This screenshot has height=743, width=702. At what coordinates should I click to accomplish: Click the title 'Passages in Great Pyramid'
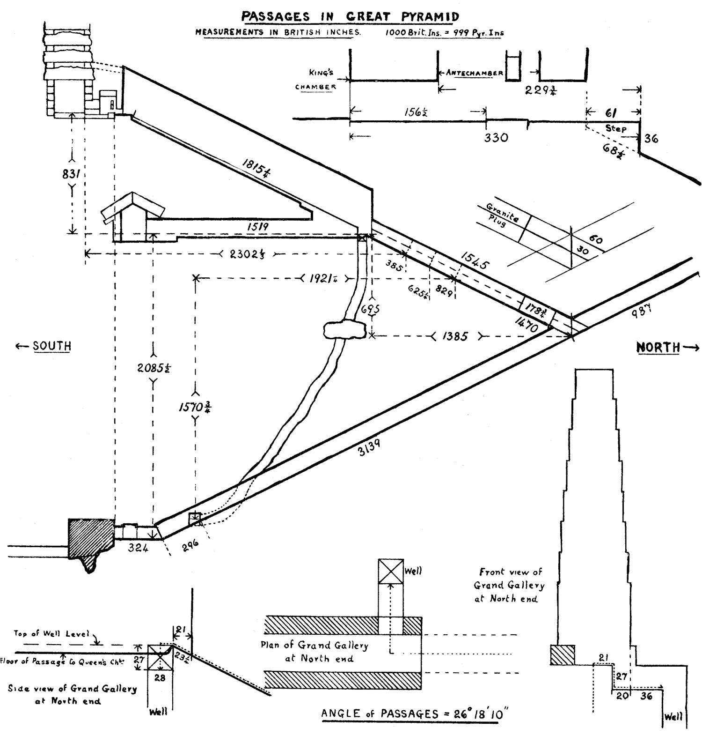tap(350, 16)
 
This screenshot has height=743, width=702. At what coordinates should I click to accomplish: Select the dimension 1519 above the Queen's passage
tap(258, 227)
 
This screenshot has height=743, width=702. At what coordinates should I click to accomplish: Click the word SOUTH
tap(51, 346)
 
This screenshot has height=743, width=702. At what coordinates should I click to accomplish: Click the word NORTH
tap(658, 347)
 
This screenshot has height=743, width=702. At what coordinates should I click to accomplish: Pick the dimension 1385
tap(453, 336)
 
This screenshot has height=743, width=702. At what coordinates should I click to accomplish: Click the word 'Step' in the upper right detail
tap(616, 128)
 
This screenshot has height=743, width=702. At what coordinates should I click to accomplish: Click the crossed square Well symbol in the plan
tap(391, 571)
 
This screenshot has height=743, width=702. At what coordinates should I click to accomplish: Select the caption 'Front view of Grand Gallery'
tap(510, 585)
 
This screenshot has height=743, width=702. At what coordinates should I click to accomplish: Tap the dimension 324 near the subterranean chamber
tap(139, 548)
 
